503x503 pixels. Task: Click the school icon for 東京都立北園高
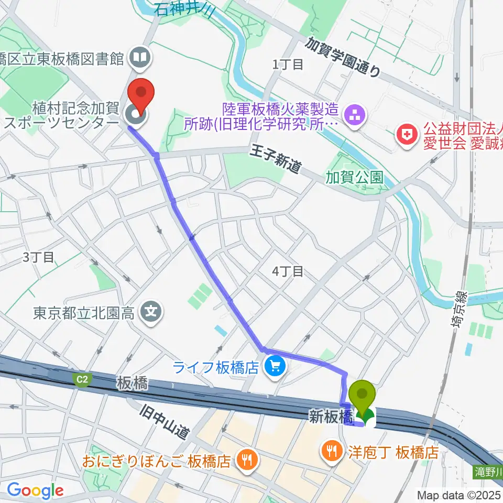(x=152, y=313)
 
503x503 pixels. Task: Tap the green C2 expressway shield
(x=81, y=380)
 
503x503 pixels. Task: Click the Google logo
(x=35, y=490)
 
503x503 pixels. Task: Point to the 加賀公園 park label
(x=354, y=177)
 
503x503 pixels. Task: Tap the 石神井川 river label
(x=183, y=9)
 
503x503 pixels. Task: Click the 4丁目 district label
(x=288, y=271)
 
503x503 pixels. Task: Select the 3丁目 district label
(x=38, y=257)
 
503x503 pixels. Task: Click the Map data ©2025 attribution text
(x=459, y=495)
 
